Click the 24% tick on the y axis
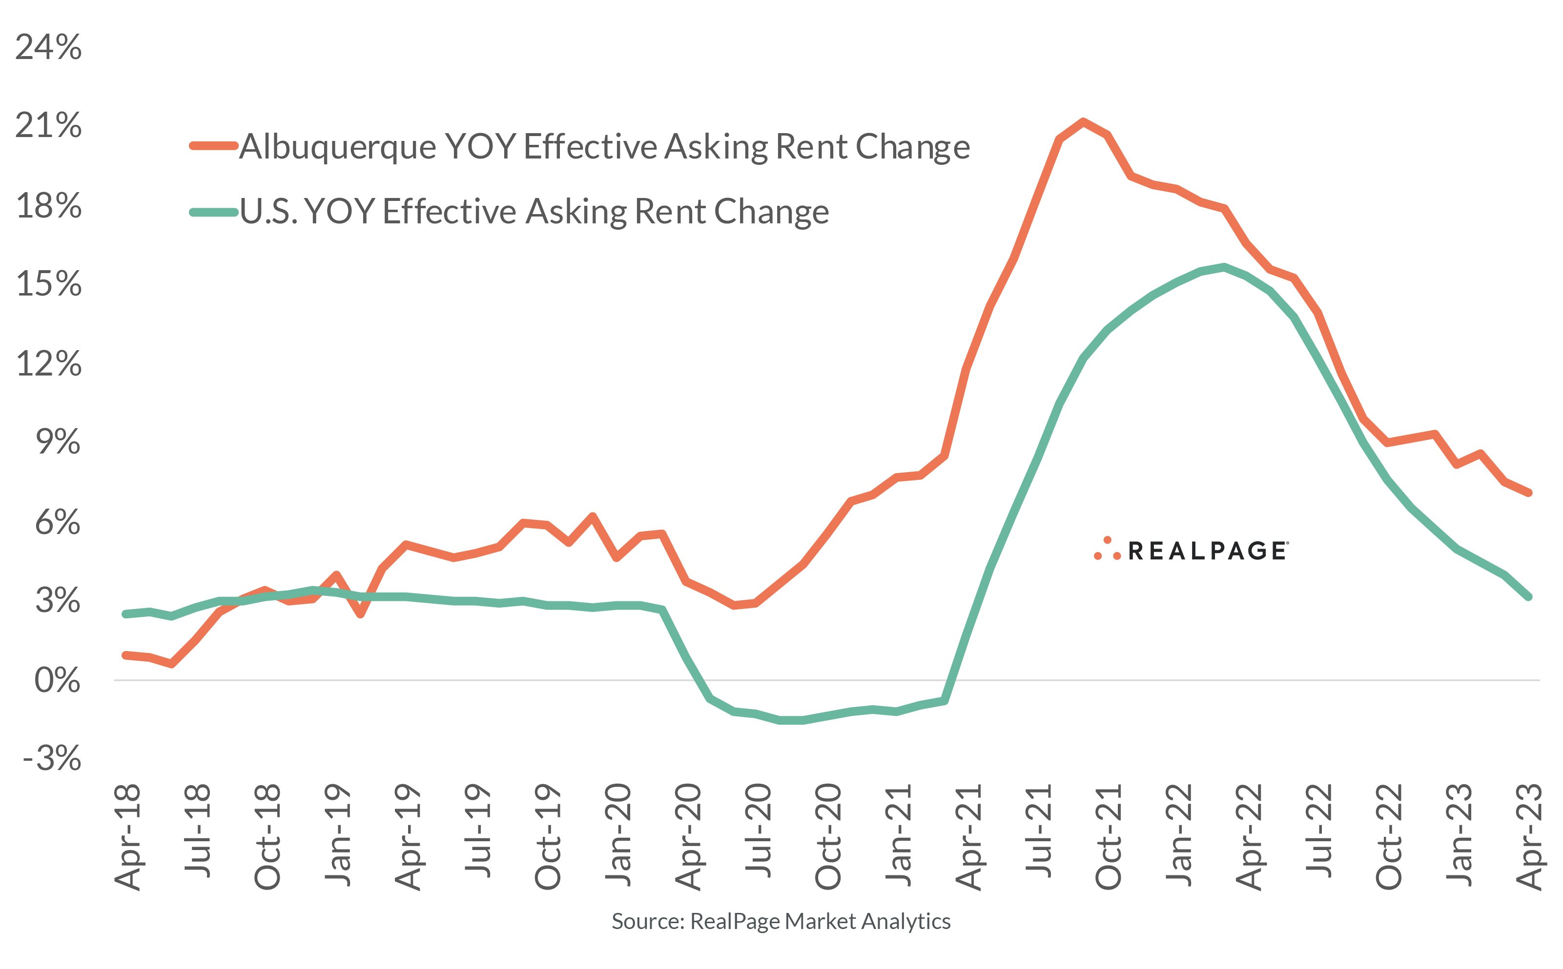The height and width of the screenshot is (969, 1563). pyautogui.click(x=49, y=47)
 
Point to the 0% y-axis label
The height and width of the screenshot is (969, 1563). pyautogui.click(x=57, y=681)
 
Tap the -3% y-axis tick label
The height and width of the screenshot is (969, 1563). pyautogui.click(x=52, y=759)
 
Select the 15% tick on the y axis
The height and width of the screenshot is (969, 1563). pyautogui.click(x=49, y=284)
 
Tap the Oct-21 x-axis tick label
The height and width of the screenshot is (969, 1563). pyautogui.click(x=1109, y=836)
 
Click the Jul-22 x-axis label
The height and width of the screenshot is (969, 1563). pyautogui.click(x=1319, y=830)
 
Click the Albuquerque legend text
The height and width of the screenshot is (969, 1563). pyautogui.click(x=604, y=147)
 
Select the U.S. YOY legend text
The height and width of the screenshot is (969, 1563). pyautogui.click(x=534, y=212)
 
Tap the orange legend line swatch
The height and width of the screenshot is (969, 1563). pyautogui.click(x=214, y=146)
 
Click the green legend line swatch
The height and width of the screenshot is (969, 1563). pyautogui.click(x=214, y=212)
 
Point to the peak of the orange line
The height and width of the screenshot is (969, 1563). pyautogui.click(x=1083, y=122)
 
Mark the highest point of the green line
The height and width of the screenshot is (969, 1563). pyautogui.click(x=1224, y=267)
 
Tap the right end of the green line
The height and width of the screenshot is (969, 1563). pyautogui.click(x=1529, y=596)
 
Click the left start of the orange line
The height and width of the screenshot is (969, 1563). pyautogui.click(x=126, y=655)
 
